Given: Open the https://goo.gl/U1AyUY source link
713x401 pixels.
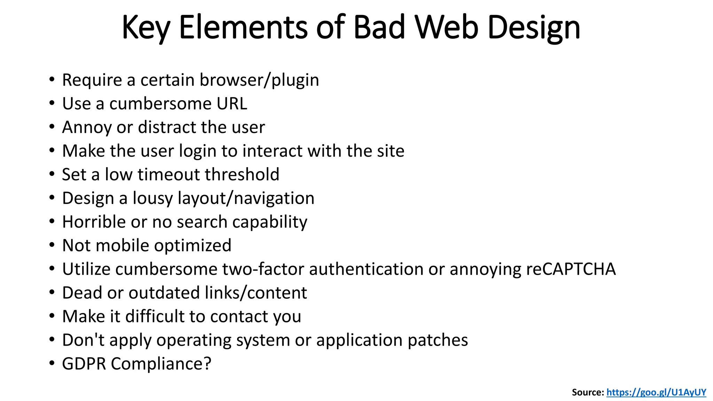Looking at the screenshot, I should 656,392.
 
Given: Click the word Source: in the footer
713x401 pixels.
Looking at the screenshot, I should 588,392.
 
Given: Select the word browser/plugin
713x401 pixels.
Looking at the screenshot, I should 259,80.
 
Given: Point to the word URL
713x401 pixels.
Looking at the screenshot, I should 232,104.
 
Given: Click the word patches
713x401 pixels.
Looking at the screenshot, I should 438,340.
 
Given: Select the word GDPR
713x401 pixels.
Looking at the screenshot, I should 84,364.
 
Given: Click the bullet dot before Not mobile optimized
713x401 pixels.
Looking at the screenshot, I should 52,245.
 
